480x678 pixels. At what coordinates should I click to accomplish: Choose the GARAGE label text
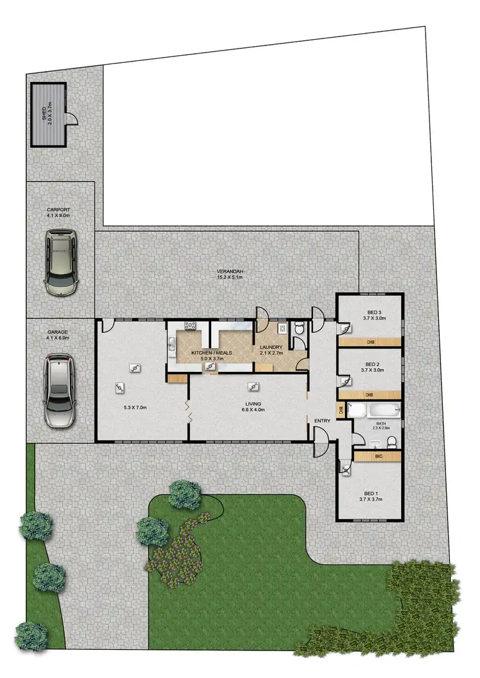[58, 333]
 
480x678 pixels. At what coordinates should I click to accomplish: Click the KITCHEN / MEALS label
[211, 353]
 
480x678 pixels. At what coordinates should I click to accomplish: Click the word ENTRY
[321, 420]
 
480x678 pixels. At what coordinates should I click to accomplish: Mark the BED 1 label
[370, 494]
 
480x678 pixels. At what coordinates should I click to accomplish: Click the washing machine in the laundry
[281, 328]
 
